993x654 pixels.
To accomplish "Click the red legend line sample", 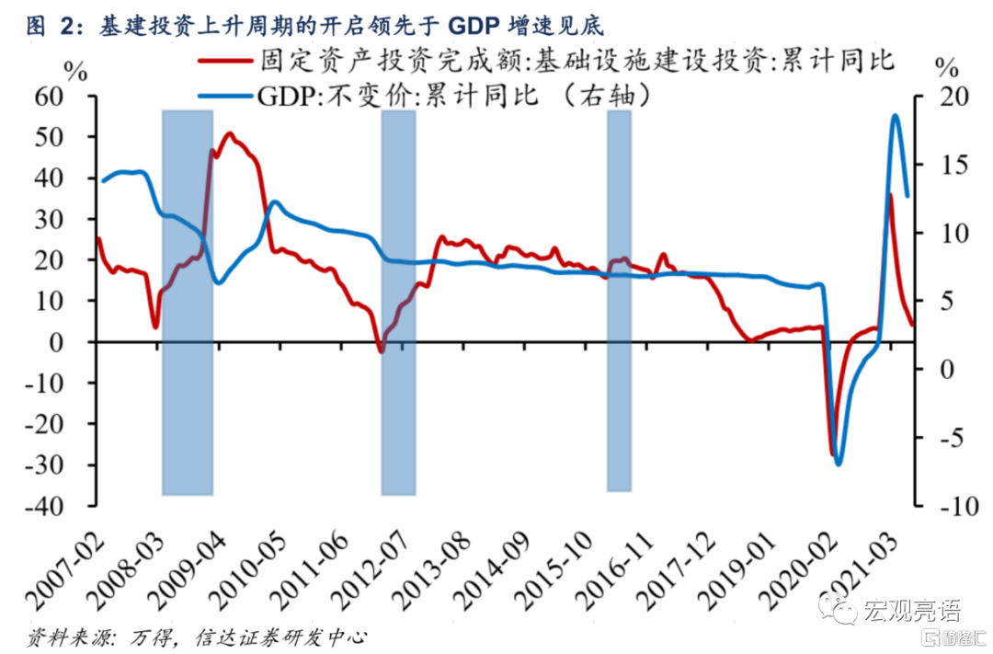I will [x=224, y=63].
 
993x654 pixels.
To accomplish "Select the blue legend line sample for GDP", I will [x=224, y=95].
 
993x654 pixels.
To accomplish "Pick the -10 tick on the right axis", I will [x=943, y=506].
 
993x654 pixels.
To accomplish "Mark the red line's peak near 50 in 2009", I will [x=229, y=134].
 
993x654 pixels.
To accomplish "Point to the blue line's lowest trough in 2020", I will [x=839, y=463].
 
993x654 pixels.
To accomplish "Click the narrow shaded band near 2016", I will [x=619, y=300].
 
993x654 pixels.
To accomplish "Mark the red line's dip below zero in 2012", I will [x=382, y=350].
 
